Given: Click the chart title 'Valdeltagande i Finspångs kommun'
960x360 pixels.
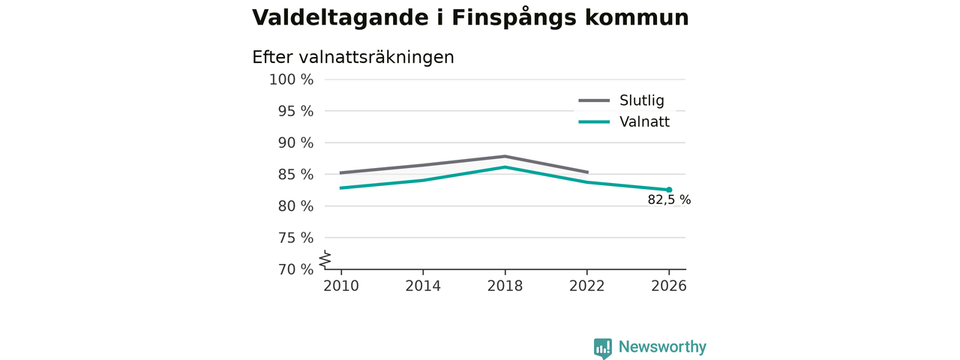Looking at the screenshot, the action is pos(470,19).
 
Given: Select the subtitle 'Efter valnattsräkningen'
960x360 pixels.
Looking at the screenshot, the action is pos(353,58).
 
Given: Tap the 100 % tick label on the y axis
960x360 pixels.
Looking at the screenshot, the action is pos(292,79).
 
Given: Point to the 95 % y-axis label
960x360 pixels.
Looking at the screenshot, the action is pos(295,112).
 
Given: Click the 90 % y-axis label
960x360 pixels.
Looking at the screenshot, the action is pos(295,142).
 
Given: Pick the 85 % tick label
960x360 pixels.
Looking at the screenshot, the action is pos(295,175).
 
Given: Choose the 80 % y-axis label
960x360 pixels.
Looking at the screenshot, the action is pos(295,206).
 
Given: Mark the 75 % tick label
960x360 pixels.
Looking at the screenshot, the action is pos(295,238).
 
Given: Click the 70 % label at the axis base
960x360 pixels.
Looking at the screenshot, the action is pos(295,269).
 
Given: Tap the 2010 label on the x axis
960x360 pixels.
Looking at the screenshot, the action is pos(341,286).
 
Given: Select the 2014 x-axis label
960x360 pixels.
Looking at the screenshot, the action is pos(423,286).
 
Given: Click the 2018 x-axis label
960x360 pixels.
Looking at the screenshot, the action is pos(505,286).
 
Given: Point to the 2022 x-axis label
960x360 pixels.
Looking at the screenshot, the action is pos(586,286).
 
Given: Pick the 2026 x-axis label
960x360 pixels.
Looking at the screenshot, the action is pos(668,286).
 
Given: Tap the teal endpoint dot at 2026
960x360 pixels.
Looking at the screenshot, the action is pos(669,190).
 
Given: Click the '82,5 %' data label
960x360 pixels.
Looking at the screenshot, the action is pos(669,199).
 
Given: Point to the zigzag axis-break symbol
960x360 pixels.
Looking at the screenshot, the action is pos(325,259).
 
